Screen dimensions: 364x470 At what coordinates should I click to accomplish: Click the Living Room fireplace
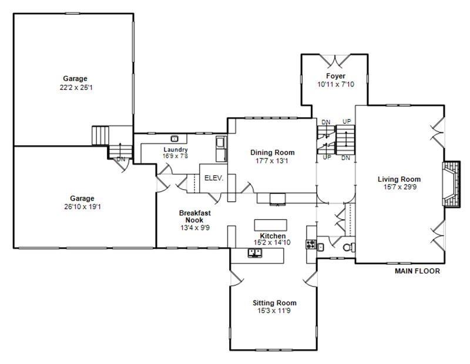[x=451, y=183]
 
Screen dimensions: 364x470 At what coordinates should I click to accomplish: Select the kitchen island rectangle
[x=272, y=225]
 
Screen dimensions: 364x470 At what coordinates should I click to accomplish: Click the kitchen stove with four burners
[x=311, y=245]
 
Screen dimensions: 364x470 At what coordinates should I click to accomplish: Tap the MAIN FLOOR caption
[x=417, y=272]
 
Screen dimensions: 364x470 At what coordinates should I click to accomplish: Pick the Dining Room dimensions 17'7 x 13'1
[x=272, y=161]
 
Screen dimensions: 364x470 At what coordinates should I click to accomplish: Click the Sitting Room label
[x=271, y=303]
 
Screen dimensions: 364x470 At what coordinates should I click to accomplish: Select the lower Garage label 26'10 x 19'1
[x=82, y=206]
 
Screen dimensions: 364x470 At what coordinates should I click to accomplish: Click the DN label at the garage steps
[x=121, y=159]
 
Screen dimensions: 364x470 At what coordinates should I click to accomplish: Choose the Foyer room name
[x=336, y=76]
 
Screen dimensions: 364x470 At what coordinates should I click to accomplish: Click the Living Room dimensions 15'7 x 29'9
[x=399, y=187]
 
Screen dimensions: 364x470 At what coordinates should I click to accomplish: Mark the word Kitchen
[x=273, y=236]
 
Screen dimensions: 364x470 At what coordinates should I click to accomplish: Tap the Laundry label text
[x=175, y=149]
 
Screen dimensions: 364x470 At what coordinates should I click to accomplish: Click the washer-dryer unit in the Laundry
[x=221, y=148]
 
